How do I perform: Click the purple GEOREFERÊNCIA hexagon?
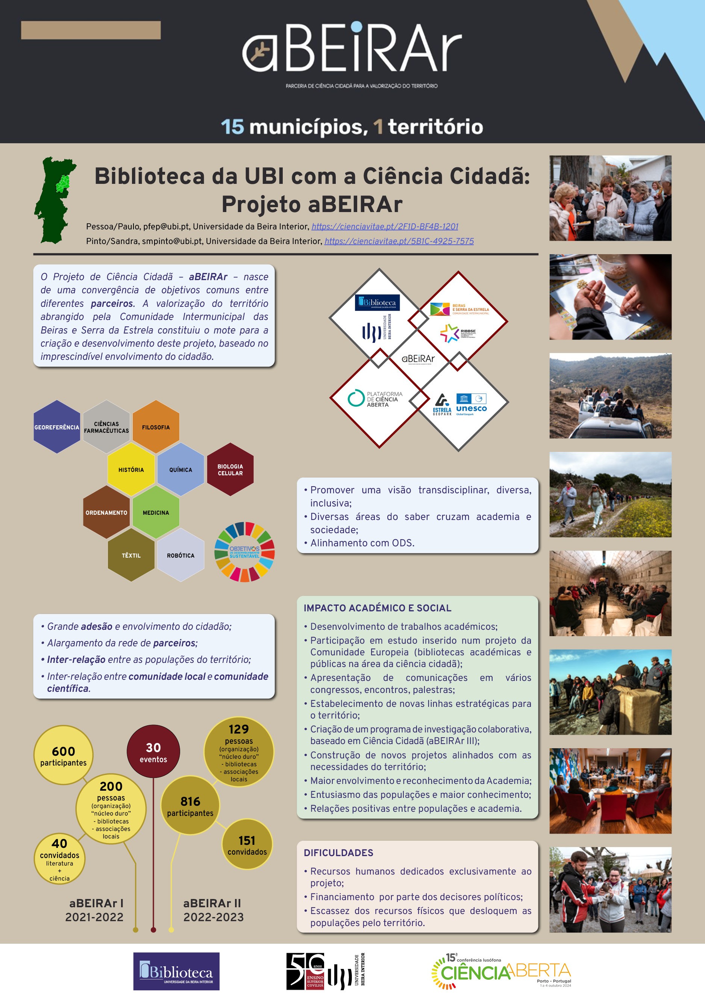point(56,427)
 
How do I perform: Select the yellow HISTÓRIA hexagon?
point(131,470)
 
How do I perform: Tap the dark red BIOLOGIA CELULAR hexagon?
point(230,470)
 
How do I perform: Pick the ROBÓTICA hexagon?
point(180,555)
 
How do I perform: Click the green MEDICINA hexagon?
point(156,512)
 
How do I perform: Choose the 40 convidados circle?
point(60,859)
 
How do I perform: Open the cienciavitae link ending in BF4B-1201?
point(385,227)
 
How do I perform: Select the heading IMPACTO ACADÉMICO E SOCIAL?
point(377,608)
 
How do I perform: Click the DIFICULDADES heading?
point(338,853)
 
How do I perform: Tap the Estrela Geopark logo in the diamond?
point(442,404)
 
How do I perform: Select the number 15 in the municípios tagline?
point(232,127)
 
